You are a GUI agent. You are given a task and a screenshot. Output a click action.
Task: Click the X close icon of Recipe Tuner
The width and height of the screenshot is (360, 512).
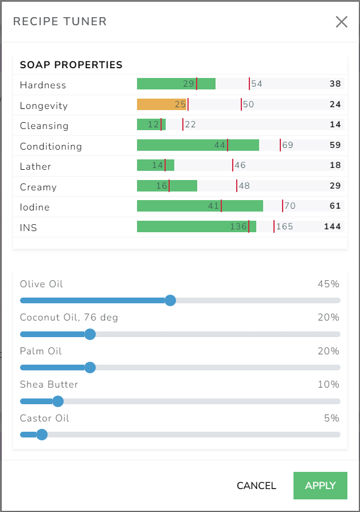(341, 22)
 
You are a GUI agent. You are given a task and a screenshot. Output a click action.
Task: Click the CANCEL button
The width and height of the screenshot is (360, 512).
(256, 486)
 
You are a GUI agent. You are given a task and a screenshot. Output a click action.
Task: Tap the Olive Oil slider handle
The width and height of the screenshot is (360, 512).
(170, 300)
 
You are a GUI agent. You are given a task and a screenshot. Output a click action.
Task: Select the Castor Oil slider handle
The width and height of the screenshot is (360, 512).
(41, 435)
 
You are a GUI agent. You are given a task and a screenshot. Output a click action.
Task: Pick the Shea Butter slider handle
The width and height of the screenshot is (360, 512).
(58, 401)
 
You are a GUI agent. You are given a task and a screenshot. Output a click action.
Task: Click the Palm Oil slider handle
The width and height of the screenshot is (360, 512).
(90, 368)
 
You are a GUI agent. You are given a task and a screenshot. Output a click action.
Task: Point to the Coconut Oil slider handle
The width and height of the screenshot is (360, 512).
(90, 334)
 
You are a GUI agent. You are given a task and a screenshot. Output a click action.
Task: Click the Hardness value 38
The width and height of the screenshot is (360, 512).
(335, 84)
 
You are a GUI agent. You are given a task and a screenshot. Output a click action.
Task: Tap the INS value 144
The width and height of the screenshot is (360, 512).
(332, 226)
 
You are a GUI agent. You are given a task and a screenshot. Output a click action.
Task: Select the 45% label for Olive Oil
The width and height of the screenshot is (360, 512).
(328, 284)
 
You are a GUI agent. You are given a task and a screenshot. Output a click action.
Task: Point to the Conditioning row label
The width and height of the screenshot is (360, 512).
(51, 146)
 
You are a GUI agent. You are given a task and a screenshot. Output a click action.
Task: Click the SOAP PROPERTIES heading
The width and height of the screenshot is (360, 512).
(71, 65)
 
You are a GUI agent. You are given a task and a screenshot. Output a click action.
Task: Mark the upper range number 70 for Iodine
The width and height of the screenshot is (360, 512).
(290, 206)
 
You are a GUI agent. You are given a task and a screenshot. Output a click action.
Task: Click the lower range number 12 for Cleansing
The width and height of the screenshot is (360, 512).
(153, 124)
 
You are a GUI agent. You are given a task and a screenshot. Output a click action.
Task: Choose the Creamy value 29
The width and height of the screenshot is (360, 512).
(335, 186)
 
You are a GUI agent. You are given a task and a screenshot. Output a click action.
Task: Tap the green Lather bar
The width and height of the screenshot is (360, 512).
(155, 165)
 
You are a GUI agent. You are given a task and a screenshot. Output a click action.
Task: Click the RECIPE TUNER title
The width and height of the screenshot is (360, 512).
(60, 22)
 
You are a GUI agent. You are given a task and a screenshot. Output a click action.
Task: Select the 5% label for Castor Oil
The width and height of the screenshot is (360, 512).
(331, 418)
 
